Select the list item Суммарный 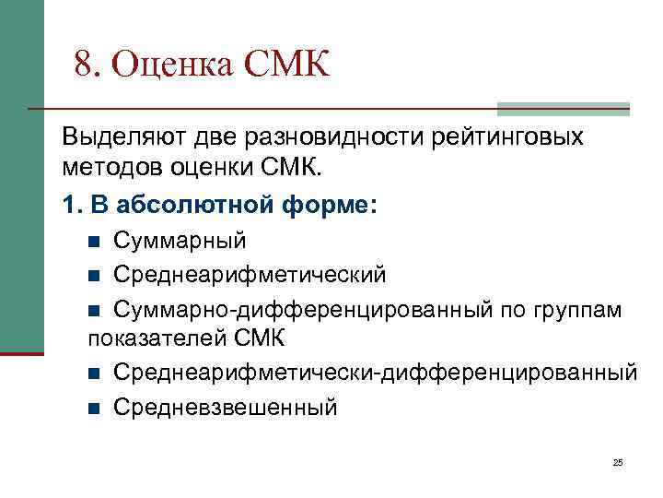(x=180, y=241)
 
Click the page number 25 (x=618, y=462)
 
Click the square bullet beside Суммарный (x=93, y=242)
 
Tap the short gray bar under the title (x=563, y=109)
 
